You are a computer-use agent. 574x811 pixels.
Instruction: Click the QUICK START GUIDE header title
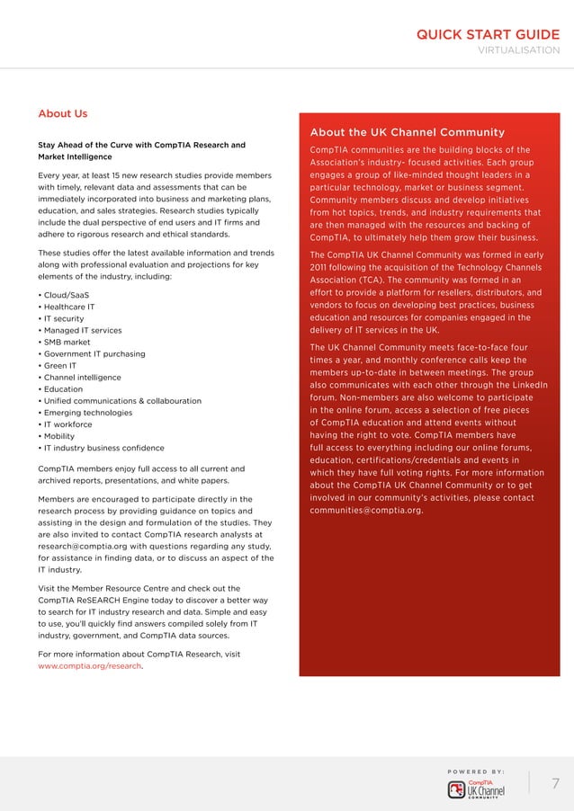click(x=487, y=35)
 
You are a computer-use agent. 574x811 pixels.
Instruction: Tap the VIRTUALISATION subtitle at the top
click(x=517, y=51)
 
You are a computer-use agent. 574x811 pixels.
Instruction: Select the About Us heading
click(x=63, y=114)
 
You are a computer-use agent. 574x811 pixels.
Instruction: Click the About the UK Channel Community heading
click(x=407, y=132)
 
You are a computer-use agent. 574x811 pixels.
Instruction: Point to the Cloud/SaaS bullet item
click(x=63, y=295)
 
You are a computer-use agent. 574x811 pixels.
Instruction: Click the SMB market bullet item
click(x=64, y=342)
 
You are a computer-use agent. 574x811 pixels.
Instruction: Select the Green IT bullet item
click(x=57, y=366)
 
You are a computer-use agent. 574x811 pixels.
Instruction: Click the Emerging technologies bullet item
click(x=85, y=413)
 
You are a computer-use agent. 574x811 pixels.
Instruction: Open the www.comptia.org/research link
click(x=90, y=666)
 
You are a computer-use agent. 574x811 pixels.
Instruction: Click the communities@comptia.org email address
click(x=365, y=511)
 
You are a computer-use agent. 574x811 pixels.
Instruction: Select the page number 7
click(x=554, y=783)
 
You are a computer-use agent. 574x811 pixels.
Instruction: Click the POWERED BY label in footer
click(x=475, y=771)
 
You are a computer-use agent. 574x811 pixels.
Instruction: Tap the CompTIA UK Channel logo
click(x=476, y=789)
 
